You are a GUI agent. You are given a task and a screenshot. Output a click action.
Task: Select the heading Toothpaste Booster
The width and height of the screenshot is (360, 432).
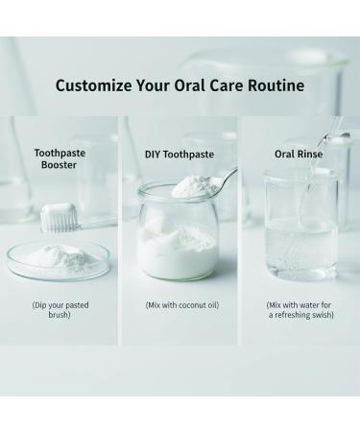point(60,158)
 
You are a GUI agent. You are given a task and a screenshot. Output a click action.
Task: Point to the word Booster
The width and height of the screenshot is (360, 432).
point(60,165)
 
